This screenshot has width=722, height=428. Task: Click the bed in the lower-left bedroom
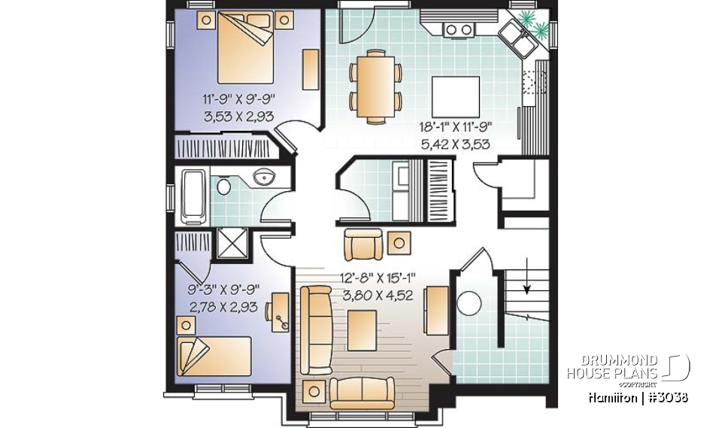[214, 355]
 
